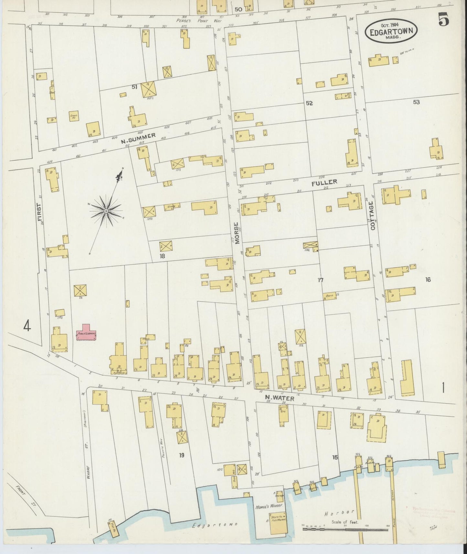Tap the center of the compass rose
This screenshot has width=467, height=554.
(x=106, y=211)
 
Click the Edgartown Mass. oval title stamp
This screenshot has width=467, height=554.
(x=391, y=31)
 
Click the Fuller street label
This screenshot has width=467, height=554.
(x=324, y=183)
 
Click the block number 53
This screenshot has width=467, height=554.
(x=416, y=102)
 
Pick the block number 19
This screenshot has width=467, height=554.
(x=182, y=455)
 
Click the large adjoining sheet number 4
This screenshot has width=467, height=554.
(x=27, y=327)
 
